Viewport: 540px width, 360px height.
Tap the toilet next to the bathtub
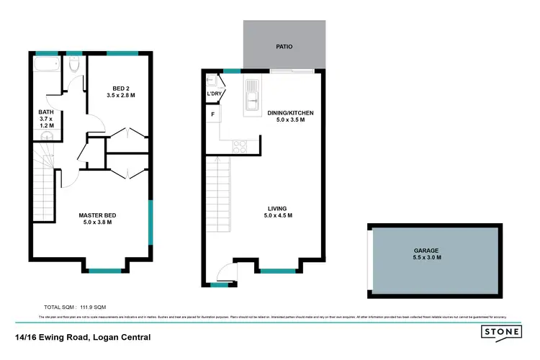tap(73, 67)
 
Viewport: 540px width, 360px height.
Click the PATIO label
tap(284, 46)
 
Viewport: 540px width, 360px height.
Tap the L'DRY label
tap(214, 94)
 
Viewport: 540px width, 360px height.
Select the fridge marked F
tap(213, 114)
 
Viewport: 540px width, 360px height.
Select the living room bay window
tap(277, 271)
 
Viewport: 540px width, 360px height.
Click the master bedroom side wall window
tap(151, 222)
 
